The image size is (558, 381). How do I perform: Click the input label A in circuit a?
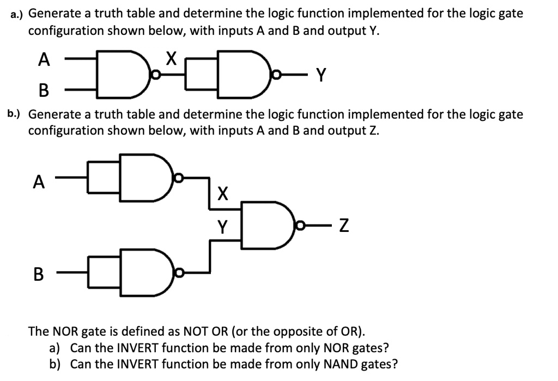(44, 59)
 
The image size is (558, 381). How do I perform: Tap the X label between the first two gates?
(171, 58)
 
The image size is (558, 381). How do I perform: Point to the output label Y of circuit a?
(321, 75)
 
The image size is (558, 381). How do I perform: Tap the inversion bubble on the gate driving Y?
(276, 75)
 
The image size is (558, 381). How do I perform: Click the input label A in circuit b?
(39, 182)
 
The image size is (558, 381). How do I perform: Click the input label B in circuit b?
(39, 274)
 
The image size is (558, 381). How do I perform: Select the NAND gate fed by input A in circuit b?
(147, 177)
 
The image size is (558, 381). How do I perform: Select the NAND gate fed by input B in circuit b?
(147, 273)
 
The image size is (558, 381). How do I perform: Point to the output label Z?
(344, 225)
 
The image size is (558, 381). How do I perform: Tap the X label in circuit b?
(222, 194)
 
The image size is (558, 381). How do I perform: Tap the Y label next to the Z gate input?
(222, 227)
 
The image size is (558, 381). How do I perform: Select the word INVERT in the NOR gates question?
(137, 348)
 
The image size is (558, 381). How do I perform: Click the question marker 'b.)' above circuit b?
(14, 114)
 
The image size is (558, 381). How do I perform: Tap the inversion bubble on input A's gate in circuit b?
(179, 177)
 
